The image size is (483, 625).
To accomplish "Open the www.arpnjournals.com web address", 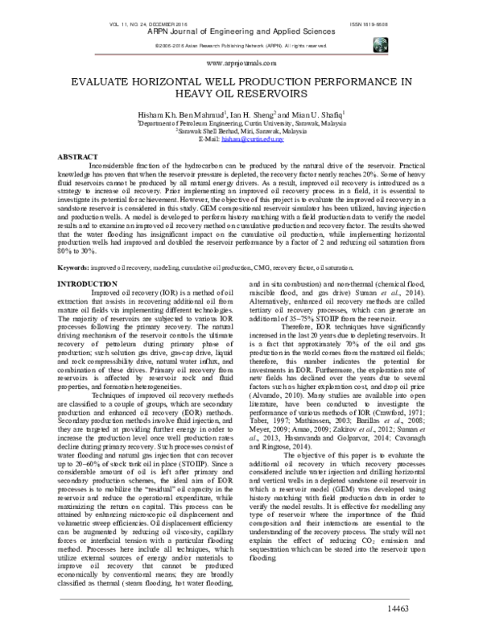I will pyautogui.click(x=241, y=60).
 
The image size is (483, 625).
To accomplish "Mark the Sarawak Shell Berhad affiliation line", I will pyautogui.click(x=241, y=132).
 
